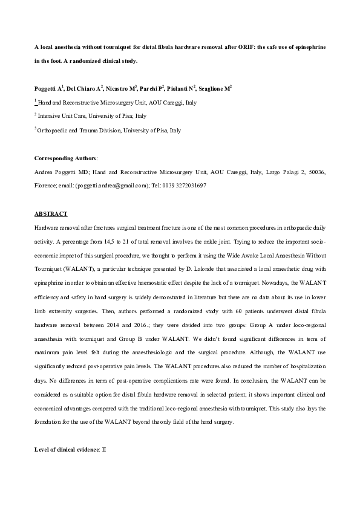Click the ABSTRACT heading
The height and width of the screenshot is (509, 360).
pos(51,215)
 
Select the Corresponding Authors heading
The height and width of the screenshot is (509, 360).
pos(65,158)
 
